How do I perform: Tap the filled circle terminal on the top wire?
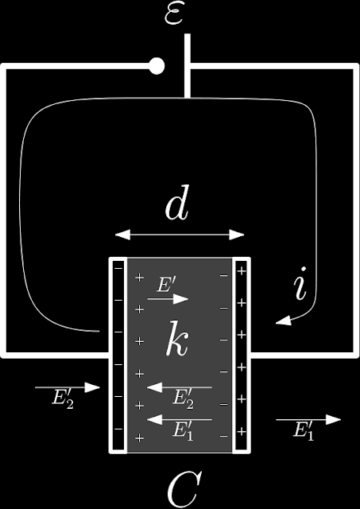(x=157, y=66)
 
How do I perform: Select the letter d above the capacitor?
(x=176, y=203)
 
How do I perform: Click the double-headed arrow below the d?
(x=180, y=235)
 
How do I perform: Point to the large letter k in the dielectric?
(x=177, y=338)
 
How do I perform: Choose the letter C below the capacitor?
(x=184, y=489)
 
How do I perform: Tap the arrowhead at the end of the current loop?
(x=283, y=321)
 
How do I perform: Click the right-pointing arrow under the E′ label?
(x=168, y=299)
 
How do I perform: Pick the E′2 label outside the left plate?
(x=62, y=401)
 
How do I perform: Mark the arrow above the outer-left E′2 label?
(x=68, y=387)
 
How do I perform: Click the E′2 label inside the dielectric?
(x=183, y=401)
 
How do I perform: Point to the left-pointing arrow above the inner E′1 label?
(x=180, y=420)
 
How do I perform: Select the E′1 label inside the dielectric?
(x=183, y=433)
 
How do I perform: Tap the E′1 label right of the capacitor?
(x=304, y=433)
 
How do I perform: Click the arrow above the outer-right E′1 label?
(x=308, y=420)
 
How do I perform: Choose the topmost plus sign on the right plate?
(x=241, y=270)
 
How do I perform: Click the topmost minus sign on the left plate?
(x=118, y=268)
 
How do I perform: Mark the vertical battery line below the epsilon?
(x=187, y=66)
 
